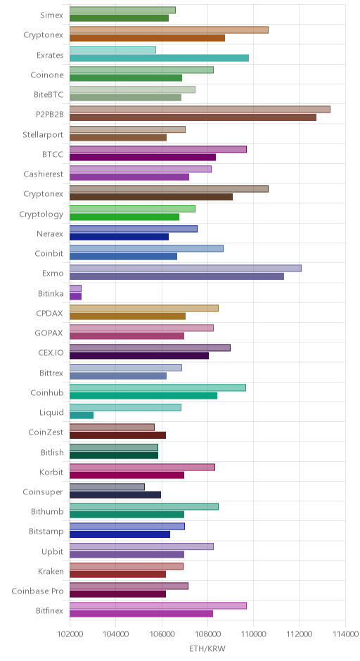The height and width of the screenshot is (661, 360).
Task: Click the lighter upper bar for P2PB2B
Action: coord(200,110)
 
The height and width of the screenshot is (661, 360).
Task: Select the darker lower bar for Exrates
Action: coord(159,58)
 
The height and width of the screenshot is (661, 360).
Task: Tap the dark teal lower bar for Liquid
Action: coord(82,415)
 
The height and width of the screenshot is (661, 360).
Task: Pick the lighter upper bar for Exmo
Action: coord(186,269)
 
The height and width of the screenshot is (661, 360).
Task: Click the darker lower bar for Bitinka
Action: coord(75,296)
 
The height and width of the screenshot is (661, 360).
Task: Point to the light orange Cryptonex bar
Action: coord(169,30)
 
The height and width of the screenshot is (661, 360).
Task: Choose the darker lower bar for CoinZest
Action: coord(117,435)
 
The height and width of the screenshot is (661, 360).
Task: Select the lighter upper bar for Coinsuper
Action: coord(107,487)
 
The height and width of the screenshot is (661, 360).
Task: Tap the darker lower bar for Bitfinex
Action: coord(141,614)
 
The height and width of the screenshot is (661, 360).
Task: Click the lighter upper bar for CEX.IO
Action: coord(150,348)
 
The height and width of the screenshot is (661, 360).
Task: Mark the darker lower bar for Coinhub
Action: coord(143,395)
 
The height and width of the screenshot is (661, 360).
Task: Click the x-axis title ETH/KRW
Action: coord(207,649)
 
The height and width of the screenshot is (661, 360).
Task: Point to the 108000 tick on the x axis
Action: coord(208,634)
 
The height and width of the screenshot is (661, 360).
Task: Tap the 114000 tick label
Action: coord(345,634)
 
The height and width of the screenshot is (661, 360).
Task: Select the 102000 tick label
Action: coord(70,634)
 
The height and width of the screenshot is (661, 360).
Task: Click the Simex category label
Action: coord(51,15)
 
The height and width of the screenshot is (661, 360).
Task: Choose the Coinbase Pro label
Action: coord(37,591)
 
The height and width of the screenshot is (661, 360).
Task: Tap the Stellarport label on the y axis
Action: coord(43,134)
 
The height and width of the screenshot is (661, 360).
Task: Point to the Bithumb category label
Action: coord(47,512)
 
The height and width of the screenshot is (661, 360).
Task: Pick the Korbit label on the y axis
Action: coord(51,472)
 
